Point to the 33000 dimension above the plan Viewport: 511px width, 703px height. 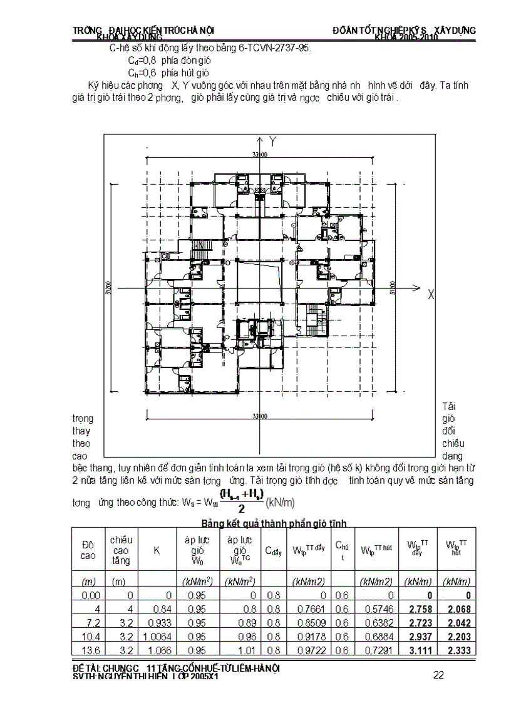(x=260, y=153)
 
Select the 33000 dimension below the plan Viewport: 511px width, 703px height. (x=260, y=416)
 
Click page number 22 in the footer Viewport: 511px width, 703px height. (x=439, y=674)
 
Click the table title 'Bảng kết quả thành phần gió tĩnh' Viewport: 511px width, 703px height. (x=274, y=522)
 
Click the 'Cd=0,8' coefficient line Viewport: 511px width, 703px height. (x=140, y=60)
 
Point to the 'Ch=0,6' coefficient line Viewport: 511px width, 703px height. (x=140, y=73)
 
